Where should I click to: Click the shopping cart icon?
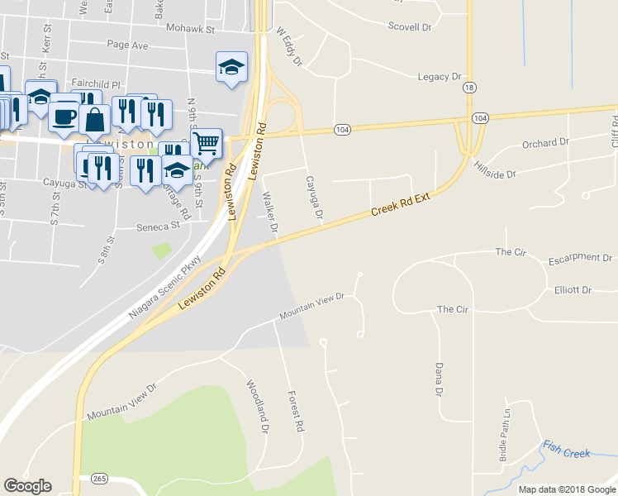pyautogui.click(x=206, y=143)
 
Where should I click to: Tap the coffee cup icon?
pyautogui.click(x=64, y=116)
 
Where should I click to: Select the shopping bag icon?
pyautogui.click(x=95, y=119)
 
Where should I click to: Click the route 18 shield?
pyautogui.click(x=469, y=87)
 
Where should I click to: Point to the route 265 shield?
pyautogui.click(x=100, y=479)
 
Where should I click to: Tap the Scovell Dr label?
pyautogui.click(x=410, y=26)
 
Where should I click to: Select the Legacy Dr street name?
pyautogui.click(x=439, y=77)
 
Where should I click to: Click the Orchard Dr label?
pyautogui.click(x=545, y=144)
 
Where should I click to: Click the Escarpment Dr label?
pyautogui.click(x=580, y=259)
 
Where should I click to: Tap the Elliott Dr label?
pyautogui.click(x=573, y=290)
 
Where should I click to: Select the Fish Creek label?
pyautogui.click(x=566, y=451)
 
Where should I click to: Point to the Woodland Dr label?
pyautogui.click(x=258, y=407)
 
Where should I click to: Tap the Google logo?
pyautogui.click(x=27, y=486)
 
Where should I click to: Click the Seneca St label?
pyautogui.click(x=158, y=225)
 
